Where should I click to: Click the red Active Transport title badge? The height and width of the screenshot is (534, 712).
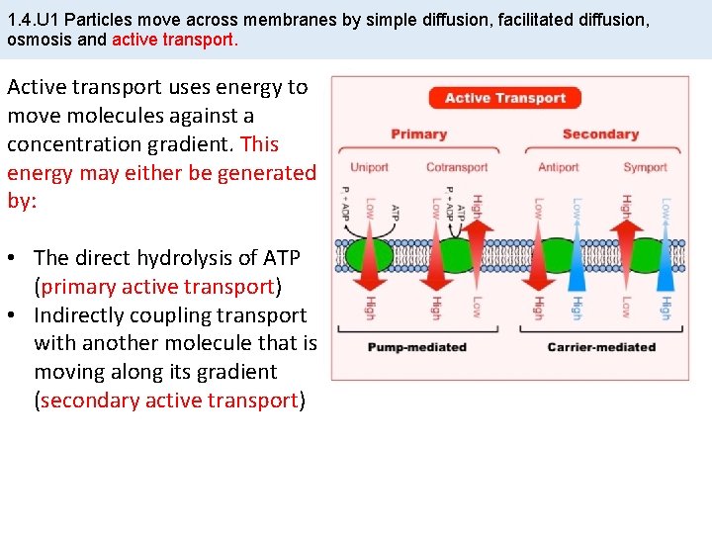click(504, 98)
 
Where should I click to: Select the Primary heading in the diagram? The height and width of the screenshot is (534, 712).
click(418, 134)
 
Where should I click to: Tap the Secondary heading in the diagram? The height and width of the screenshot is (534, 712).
click(600, 134)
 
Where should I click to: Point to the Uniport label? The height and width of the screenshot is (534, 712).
click(369, 167)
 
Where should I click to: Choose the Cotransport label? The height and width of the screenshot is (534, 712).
click(457, 167)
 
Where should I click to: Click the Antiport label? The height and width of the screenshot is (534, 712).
click(558, 167)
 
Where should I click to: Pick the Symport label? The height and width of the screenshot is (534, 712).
click(645, 167)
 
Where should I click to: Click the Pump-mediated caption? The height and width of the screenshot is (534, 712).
click(416, 347)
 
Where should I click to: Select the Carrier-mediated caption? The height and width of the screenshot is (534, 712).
click(601, 347)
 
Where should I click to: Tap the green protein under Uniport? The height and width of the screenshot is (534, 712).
click(369, 255)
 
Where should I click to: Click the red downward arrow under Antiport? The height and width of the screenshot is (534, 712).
click(539, 259)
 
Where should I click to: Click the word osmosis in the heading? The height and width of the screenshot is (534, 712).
click(42, 41)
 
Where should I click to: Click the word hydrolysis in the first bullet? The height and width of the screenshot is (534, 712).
click(209, 258)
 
